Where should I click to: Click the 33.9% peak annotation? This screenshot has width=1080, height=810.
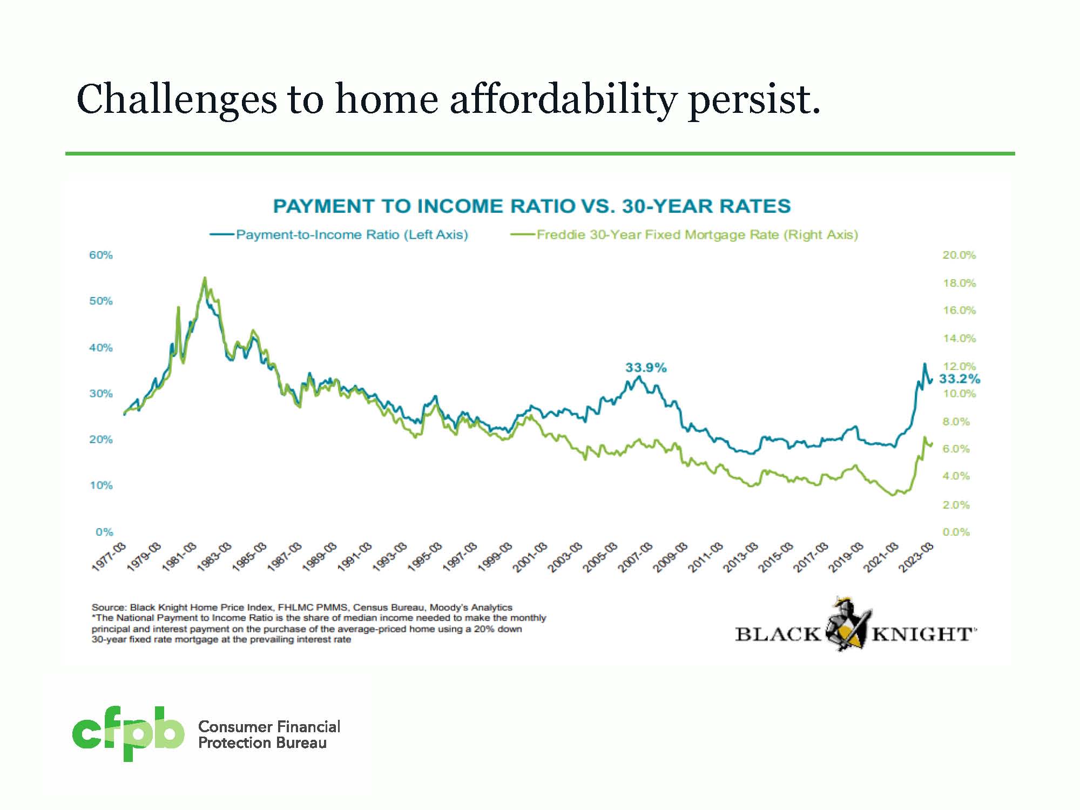[646, 368]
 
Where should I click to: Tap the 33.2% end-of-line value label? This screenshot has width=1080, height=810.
[960, 379]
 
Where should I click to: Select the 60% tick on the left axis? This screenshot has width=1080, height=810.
[101, 255]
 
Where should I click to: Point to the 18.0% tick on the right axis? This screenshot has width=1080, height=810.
[959, 283]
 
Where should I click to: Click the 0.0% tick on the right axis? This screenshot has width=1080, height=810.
[956, 532]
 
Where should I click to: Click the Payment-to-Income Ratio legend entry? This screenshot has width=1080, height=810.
[352, 235]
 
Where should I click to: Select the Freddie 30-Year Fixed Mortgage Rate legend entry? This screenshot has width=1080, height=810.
[697, 235]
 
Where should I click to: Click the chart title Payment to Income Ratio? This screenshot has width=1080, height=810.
[531, 206]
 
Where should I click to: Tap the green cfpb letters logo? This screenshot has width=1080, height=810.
[128, 732]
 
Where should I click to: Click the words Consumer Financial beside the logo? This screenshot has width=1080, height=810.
[269, 726]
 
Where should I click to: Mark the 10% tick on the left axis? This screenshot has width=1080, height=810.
[101, 485]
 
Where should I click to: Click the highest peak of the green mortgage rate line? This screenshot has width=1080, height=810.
[205, 278]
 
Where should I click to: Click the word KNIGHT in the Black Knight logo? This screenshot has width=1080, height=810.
[922, 633]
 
